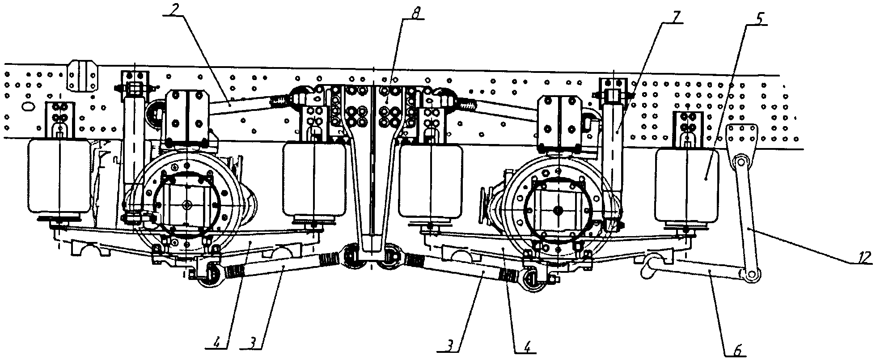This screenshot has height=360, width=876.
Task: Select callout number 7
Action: [674, 17]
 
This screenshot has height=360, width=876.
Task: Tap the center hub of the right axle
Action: [559, 209]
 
